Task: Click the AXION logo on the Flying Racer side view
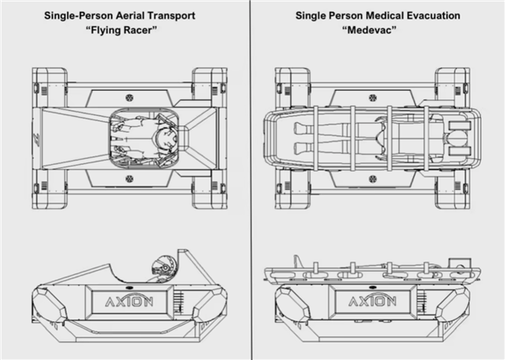[127, 301]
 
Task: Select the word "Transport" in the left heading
[173, 14]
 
